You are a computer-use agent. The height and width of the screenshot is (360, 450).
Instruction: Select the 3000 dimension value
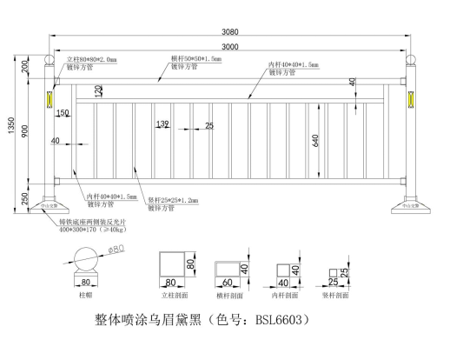click(231, 46)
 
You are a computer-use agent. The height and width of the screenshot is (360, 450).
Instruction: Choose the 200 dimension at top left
click(26, 68)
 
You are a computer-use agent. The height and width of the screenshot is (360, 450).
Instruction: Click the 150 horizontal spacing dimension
click(63, 113)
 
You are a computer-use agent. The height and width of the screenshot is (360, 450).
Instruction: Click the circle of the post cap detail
click(85, 261)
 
